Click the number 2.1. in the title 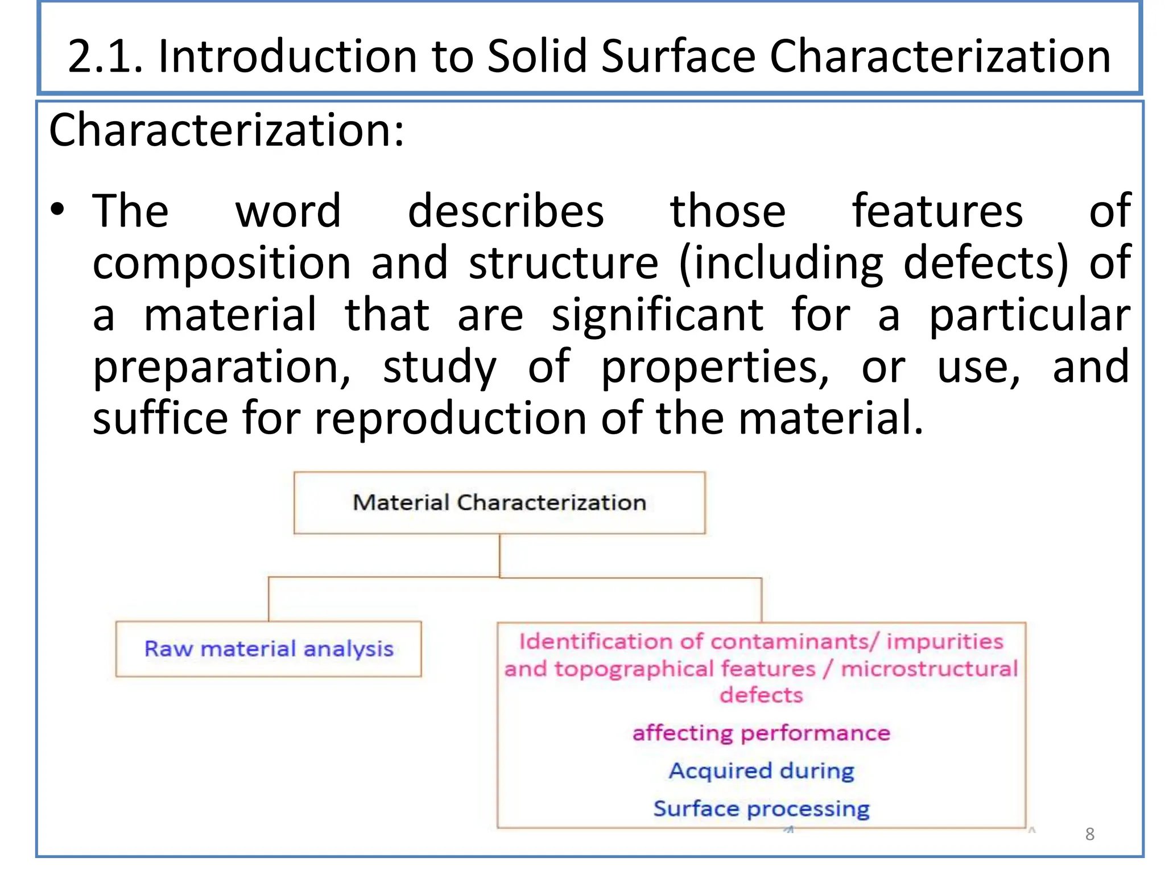pyautogui.click(x=105, y=56)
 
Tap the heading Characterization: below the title pyautogui.click(x=226, y=130)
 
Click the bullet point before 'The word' pyautogui.click(x=57, y=210)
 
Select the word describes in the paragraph pyautogui.click(x=506, y=211)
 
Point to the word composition pyautogui.click(x=222, y=263)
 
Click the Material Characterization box pyautogui.click(x=499, y=503)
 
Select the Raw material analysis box pyautogui.click(x=268, y=649)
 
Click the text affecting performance pyautogui.click(x=761, y=733)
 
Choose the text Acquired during pyautogui.click(x=761, y=771)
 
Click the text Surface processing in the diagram pyautogui.click(x=761, y=809)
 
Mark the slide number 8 pyautogui.click(x=1089, y=834)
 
